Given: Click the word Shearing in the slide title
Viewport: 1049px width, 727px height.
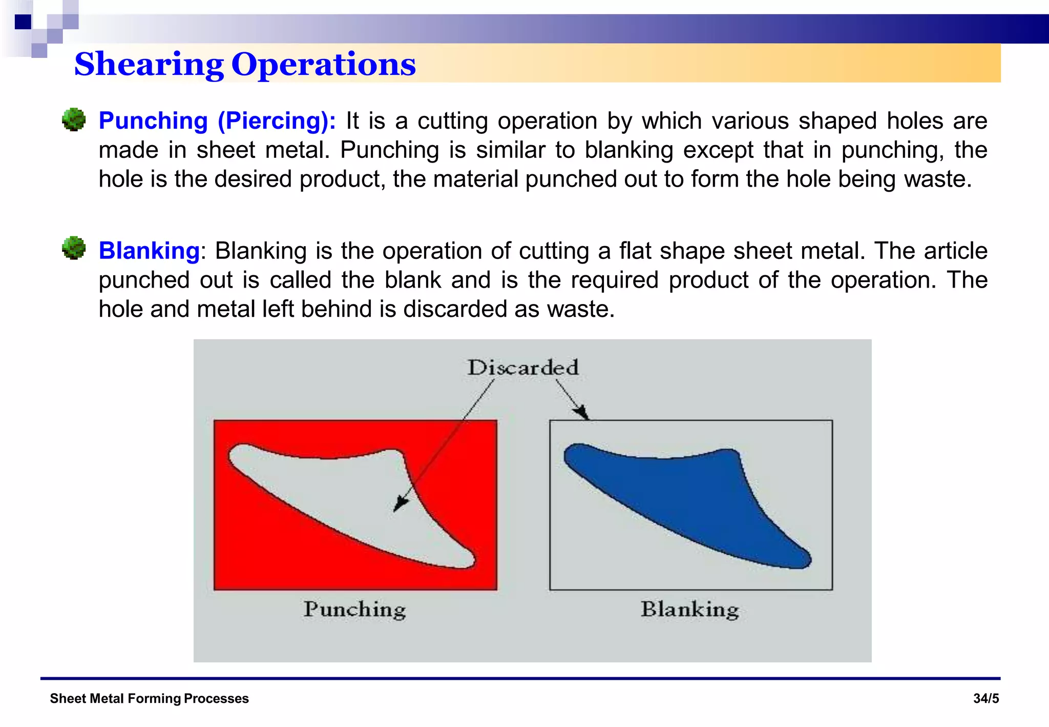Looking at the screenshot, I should pos(149,65).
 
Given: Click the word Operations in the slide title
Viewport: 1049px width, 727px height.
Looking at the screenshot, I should pos(323,65).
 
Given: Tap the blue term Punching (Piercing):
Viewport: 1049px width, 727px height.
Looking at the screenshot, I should pos(217,121).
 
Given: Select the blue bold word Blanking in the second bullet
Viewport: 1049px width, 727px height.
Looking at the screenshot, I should pos(149,251).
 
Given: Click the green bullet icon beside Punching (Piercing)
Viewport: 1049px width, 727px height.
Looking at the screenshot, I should pos(74,119).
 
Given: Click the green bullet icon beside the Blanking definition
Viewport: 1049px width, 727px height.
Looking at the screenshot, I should pos(74,248).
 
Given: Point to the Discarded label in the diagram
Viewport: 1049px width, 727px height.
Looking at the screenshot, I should pos(523,368).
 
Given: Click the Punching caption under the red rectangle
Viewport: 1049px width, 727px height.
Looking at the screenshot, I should pos(354,610).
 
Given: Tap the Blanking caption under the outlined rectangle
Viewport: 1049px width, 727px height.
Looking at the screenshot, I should pos(689,610).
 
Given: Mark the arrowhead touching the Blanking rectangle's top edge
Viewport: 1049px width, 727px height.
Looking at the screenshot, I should pos(581,412).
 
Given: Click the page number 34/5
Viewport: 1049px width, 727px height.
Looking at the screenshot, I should pos(985,698).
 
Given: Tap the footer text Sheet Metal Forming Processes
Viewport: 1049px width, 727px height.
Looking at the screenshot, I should pos(149,698).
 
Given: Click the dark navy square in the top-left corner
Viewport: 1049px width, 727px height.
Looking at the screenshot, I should pos(23,22).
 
